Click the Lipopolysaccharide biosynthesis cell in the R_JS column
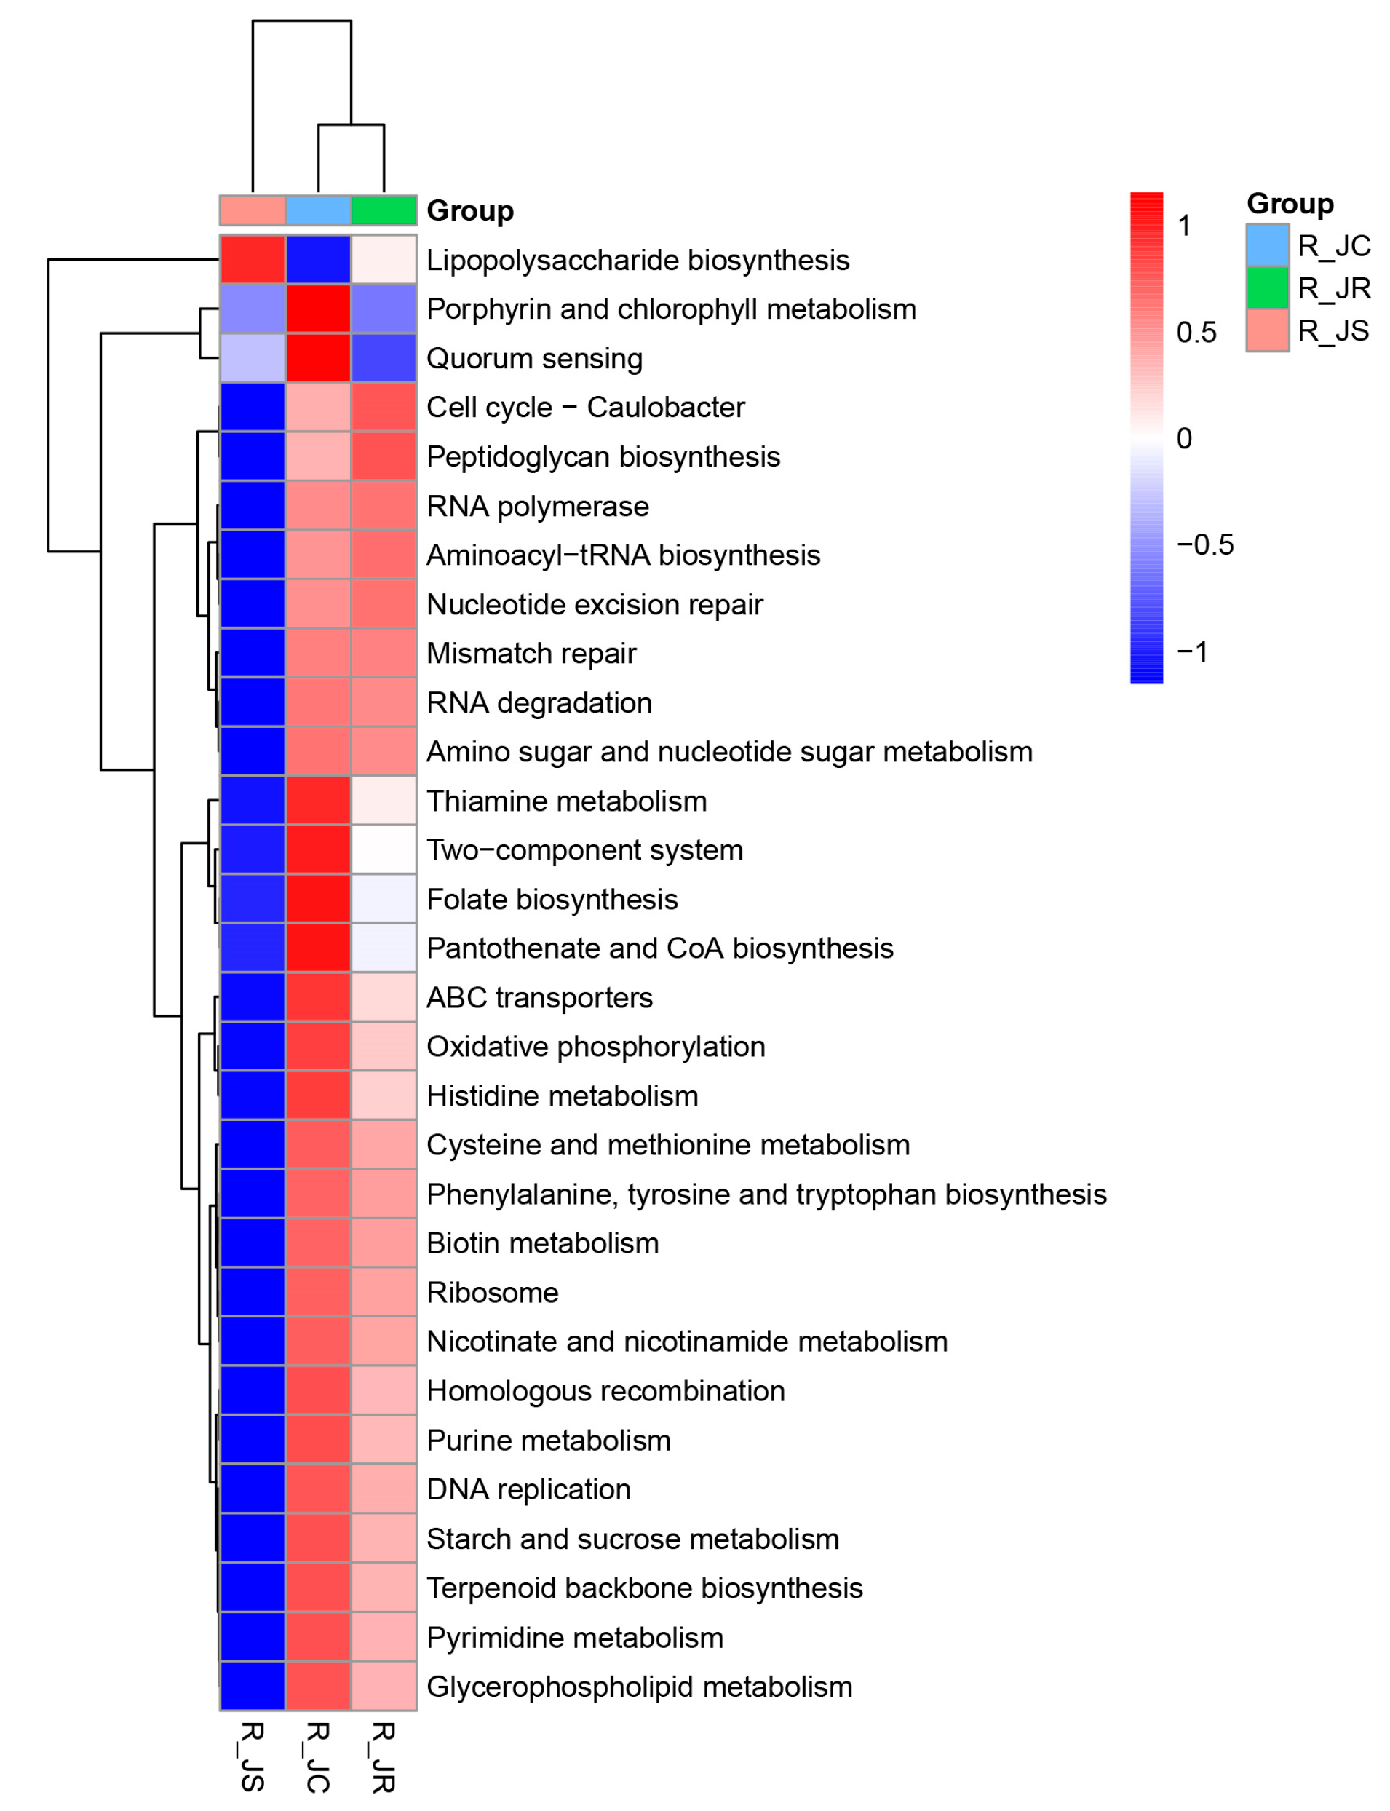[253, 260]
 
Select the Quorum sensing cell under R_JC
[318, 358]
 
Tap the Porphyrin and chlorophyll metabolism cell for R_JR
[384, 309]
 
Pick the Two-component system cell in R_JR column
[384, 849]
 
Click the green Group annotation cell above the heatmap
[384, 210]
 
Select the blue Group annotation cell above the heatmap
[318, 210]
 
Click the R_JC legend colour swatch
[1267, 245]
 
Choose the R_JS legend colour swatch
[1267, 330]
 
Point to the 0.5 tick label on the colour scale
[1196, 333]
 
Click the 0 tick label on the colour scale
[1184, 438]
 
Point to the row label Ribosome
[492, 1292]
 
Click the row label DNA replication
[528, 1489]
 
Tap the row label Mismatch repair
[531, 654]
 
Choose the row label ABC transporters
[539, 998]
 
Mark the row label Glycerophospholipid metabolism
[639, 1686]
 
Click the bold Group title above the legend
[1290, 204]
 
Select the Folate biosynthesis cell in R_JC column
[318, 899]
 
